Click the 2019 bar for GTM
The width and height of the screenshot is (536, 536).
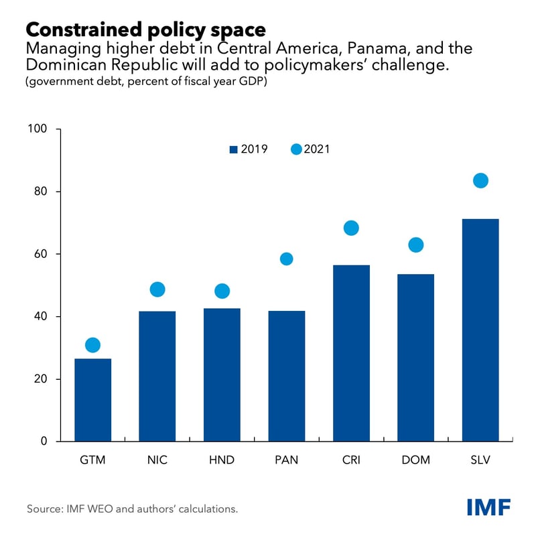pyautogui.click(x=92, y=400)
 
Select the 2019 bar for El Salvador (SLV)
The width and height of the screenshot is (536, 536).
pyautogui.click(x=480, y=330)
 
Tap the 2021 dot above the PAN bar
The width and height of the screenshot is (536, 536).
pyautogui.click(x=286, y=259)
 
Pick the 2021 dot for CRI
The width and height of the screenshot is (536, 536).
pyautogui.click(x=351, y=228)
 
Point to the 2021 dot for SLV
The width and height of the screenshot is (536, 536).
pyautogui.click(x=480, y=180)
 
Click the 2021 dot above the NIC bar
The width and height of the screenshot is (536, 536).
pyautogui.click(x=157, y=289)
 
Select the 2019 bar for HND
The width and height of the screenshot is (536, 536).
pyautogui.click(x=222, y=375)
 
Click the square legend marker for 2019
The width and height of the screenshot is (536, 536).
pyautogui.click(x=234, y=149)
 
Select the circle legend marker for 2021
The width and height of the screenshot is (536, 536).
pyautogui.click(x=296, y=149)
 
